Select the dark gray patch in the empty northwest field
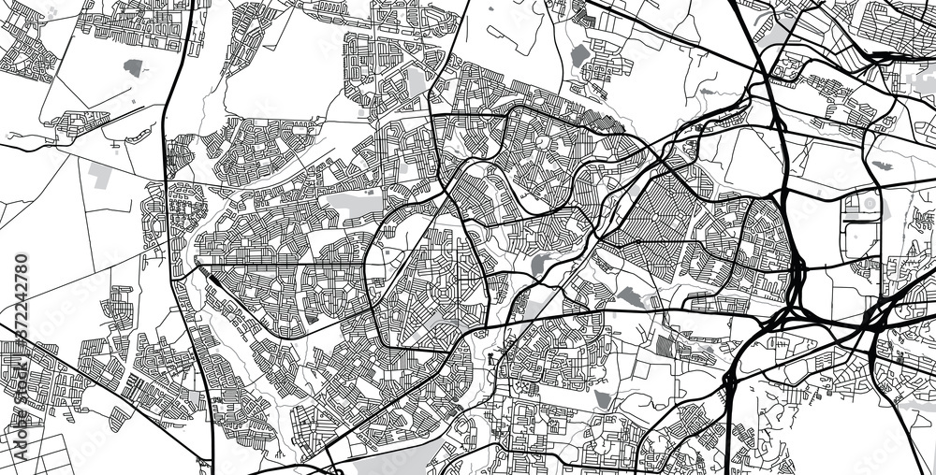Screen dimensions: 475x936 pyautogui.click(x=134, y=67)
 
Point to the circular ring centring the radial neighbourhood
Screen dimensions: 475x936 pyautogui.click(x=540, y=142)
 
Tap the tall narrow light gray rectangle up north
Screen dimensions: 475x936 pyautogui.click(x=416, y=84)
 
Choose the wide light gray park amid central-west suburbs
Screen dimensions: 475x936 pyautogui.click(x=351, y=205)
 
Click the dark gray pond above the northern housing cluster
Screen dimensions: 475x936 pyautogui.click(x=579, y=54)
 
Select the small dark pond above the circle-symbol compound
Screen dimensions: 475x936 pyautogui.click(x=881, y=166)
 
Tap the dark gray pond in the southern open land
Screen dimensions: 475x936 pyautogui.click(x=602, y=399)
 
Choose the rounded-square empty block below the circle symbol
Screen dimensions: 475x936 pyautogui.click(x=862, y=238)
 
